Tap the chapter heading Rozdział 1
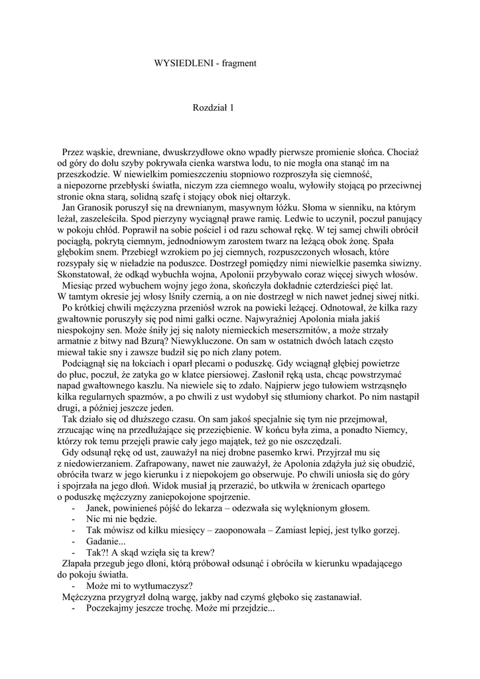213,107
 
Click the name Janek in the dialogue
101,509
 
